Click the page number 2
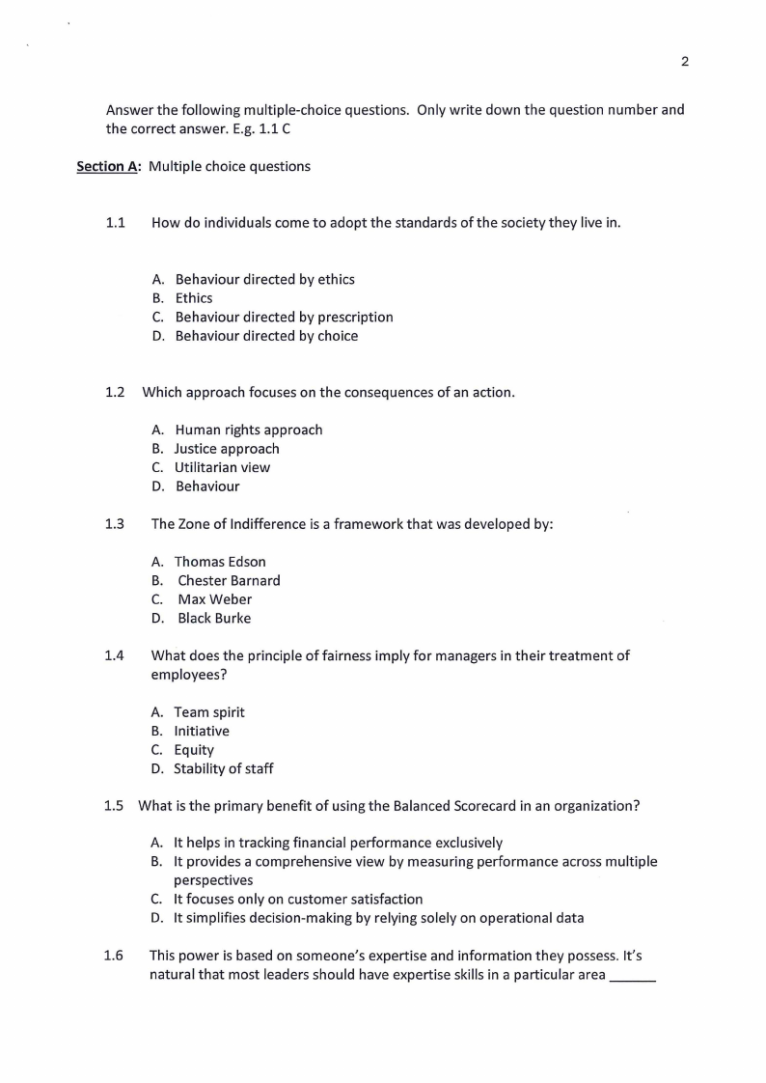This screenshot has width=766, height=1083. [684, 62]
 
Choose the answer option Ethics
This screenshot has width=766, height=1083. [194, 298]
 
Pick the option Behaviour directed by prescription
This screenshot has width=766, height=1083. [284, 317]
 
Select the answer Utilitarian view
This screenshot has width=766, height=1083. [222, 467]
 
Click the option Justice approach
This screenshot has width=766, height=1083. [227, 449]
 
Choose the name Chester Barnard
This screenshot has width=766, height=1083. [229, 580]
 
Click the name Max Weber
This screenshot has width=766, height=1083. [214, 599]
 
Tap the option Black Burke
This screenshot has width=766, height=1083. [213, 618]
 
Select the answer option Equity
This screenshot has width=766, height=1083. [194, 750]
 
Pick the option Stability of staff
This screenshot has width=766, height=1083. [223, 768]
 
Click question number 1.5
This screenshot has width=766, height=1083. [115, 805]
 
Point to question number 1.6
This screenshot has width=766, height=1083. [114, 956]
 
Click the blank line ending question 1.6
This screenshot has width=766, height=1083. [633, 978]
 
